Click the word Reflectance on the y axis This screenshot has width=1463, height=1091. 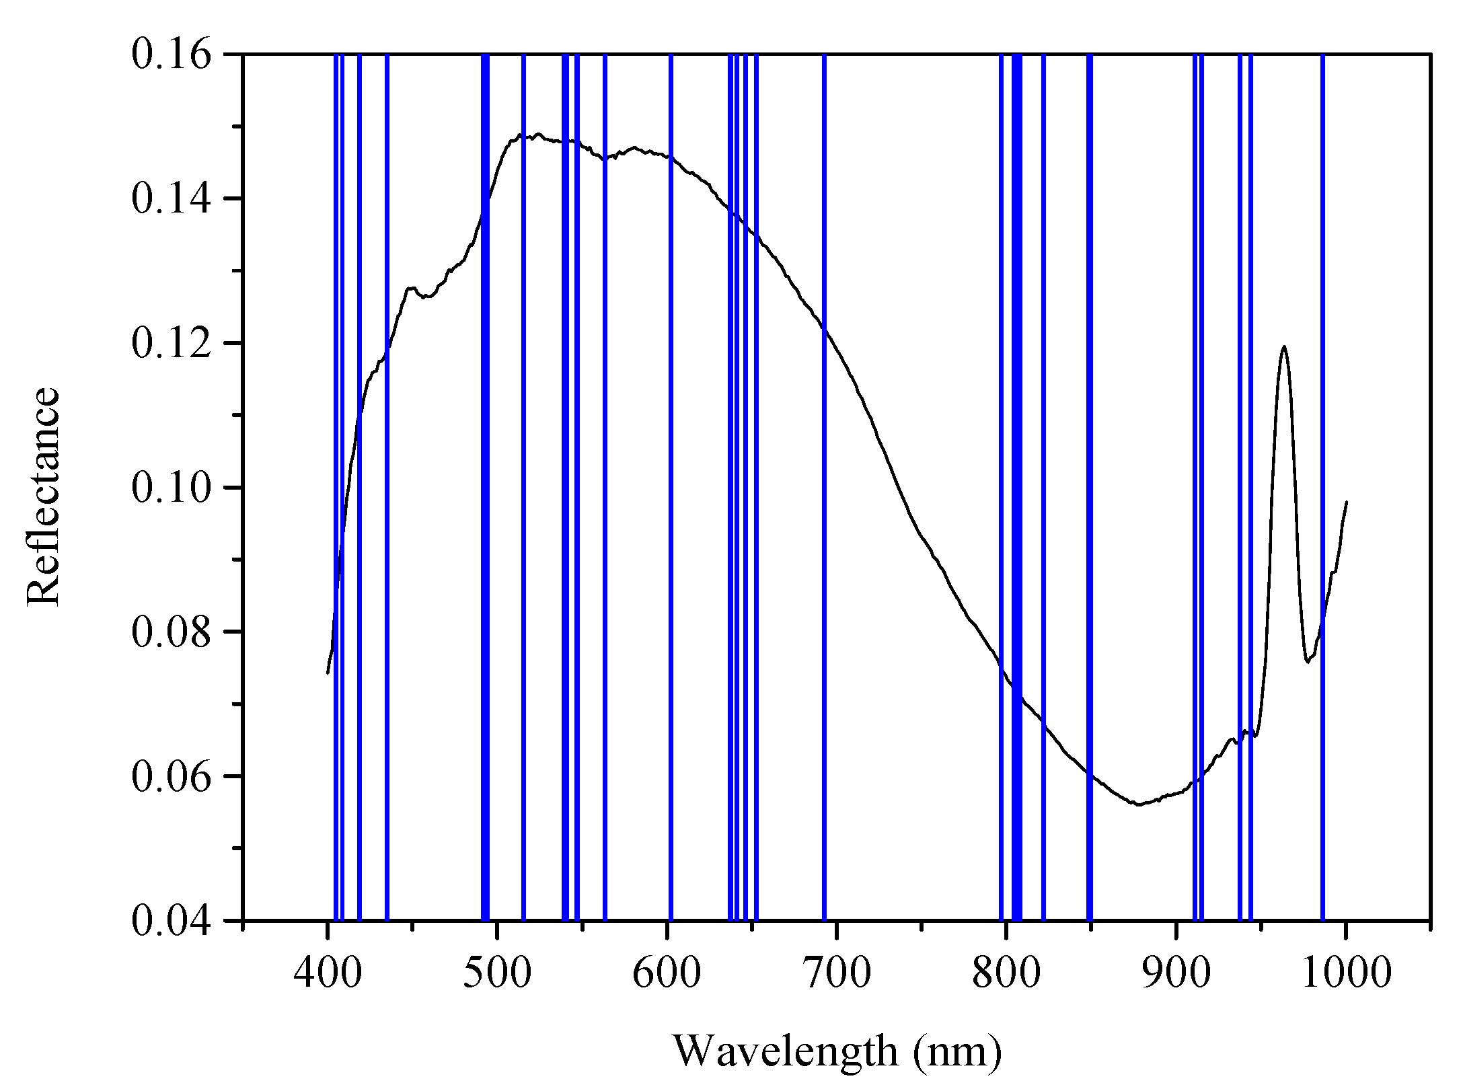click(x=44, y=496)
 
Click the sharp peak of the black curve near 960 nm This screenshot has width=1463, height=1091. click(x=1284, y=347)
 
